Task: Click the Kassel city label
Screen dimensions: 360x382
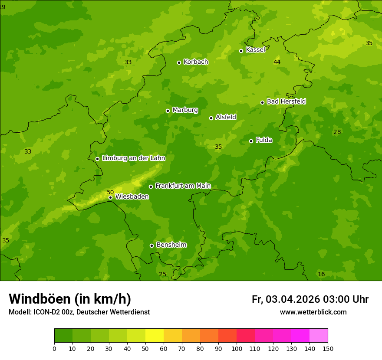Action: coord(255,50)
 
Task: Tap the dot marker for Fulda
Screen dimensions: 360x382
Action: coord(251,141)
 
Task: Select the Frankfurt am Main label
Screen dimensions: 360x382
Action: coord(183,186)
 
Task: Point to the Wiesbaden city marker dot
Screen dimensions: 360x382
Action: coord(110,197)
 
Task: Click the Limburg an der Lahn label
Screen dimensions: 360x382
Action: coord(133,158)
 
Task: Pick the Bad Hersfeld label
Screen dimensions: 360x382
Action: coord(286,101)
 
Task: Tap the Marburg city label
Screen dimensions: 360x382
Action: coord(185,110)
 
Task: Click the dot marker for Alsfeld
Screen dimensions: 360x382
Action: coord(211,118)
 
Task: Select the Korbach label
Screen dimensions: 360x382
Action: coord(196,62)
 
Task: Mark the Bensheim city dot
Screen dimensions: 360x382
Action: coord(151,245)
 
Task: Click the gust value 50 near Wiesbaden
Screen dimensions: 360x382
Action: coord(110,192)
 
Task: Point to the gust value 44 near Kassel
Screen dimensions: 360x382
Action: coord(277,62)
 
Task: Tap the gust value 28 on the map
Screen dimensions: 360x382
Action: coord(337,132)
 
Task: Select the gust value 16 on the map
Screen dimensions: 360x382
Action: coord(321,274)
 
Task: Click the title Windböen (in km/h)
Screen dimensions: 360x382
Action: coord(70,299)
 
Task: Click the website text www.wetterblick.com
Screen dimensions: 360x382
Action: coord(313,312)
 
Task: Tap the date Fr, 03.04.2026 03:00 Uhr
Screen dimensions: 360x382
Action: coord(310,299)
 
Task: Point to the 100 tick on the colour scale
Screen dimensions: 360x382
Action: coord(237,349)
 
